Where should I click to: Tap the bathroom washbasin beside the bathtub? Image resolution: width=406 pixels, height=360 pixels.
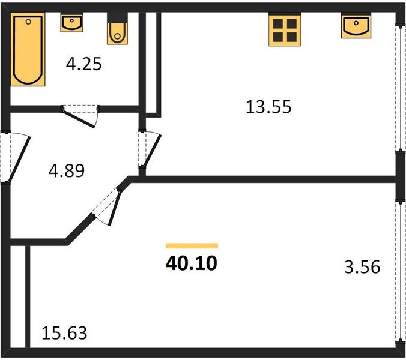(71, 23)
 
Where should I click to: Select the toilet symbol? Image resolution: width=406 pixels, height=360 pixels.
(117, 32)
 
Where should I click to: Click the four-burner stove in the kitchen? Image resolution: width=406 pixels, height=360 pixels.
(283, 31)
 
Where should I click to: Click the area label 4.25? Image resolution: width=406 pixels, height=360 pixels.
(83, 64)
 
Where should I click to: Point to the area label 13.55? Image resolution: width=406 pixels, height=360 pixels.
(268, 107)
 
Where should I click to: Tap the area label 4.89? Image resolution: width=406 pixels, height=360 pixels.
(66, 170)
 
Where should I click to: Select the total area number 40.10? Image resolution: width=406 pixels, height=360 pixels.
(192, 263)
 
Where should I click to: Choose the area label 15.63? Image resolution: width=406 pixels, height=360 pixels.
(64, 332)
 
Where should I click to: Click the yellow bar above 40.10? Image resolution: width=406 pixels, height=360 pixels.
(192, 245)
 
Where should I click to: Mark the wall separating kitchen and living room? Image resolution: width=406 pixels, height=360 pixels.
(264, 179)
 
